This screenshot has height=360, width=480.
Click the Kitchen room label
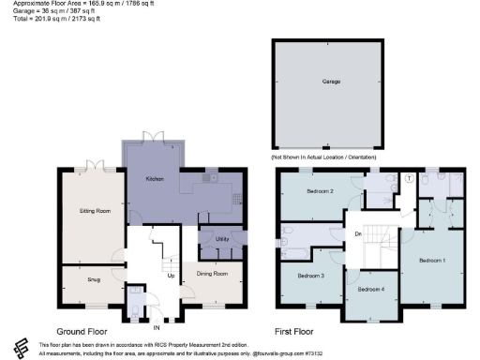click(x=155, y=178)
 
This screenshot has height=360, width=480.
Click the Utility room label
click(x=222, y=240)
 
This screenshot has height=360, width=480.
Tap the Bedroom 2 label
click(x=320, y=192)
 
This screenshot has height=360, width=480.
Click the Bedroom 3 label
click(x=310, y=276)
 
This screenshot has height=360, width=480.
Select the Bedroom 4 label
click(x=370, y=289)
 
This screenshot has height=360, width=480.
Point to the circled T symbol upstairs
click(x=410, y=178)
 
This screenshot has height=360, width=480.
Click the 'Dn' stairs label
click(x=357, y=233)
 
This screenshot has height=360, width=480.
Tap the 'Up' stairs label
click(x=171, y=276)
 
